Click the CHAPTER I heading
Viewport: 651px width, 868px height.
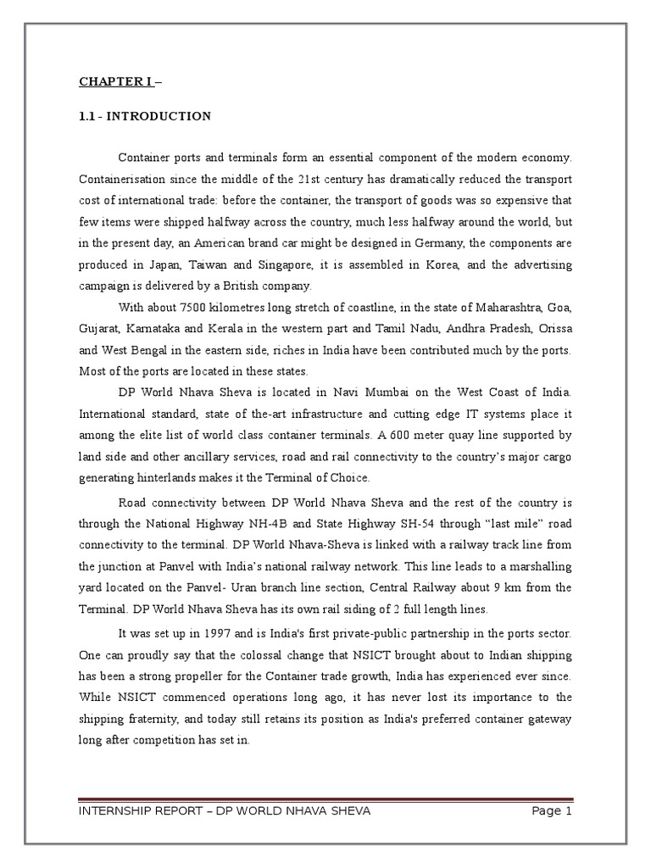115,82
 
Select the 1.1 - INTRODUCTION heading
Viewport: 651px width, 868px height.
145,116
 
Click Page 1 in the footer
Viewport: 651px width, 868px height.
552,811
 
